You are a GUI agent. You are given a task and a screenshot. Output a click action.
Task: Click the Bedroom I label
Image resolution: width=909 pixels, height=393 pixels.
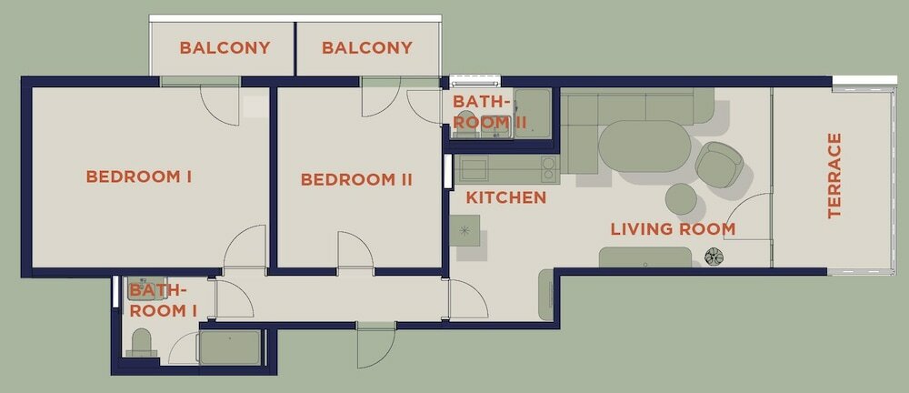[x=138, y=176]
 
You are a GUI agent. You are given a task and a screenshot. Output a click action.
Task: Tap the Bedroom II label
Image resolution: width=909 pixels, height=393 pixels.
[x=356, y=180]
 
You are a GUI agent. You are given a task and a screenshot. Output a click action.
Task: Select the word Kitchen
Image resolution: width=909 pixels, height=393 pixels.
[x=506, y=198]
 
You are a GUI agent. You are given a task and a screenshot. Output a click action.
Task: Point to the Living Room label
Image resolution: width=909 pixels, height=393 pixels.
[x=673, y=229]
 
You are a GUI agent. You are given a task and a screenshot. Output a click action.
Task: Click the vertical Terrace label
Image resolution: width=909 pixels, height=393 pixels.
[x=834, y=176]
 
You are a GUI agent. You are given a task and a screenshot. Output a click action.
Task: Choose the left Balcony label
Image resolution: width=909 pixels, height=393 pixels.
[x=225, y=47]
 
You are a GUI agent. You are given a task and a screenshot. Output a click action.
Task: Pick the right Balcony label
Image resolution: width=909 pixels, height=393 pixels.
[x=367, y=47]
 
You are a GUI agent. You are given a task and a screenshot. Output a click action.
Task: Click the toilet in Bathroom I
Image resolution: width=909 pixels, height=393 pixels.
[x=142, y=342]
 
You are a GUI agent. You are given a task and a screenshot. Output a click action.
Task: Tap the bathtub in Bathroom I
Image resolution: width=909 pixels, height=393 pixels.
[x=230, y=348]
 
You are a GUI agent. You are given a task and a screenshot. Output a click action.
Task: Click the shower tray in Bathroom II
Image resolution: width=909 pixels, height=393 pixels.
[x=532, y=113]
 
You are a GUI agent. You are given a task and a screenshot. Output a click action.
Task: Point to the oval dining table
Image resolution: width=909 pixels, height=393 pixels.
[x=644, y=146]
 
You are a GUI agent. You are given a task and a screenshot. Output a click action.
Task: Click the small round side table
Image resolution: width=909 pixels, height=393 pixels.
[x=681, y=199]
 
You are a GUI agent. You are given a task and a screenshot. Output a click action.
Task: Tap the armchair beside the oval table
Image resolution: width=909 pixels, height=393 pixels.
[x=719, y=165]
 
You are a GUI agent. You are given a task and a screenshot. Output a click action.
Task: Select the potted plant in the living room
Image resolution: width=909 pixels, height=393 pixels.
[x=713, y=257]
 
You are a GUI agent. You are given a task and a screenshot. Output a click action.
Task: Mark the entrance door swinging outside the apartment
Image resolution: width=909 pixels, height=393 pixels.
[x=376, y=346]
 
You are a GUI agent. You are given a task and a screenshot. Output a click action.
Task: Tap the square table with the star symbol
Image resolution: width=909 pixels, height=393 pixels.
[x=464, y=230]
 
